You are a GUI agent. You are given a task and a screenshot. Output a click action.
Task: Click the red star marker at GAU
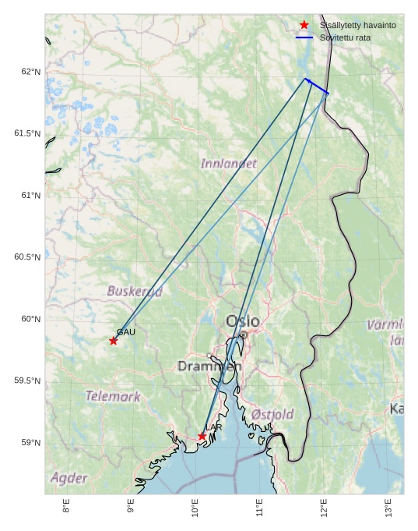point(114,341)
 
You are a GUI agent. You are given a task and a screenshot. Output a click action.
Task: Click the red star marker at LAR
point(202,436)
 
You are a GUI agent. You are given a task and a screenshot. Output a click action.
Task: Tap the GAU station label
point(126,332)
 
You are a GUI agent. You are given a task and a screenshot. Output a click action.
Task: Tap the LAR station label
point(216,427)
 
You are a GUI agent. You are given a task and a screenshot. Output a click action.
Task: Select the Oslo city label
point(243,321)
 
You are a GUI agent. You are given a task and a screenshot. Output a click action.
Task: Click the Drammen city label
point(209,366)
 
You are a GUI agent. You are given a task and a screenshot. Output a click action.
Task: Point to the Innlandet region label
point(229,164)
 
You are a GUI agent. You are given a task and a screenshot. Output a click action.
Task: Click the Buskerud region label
point(135,292)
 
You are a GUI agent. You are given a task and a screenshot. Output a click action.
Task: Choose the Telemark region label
point(114,396)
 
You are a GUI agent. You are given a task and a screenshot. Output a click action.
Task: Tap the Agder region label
point(69,477)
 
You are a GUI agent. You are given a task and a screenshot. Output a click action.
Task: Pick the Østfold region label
point(272,414)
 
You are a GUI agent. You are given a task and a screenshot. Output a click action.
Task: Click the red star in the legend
point(304,25)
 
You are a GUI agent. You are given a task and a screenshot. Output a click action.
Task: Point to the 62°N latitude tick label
point(31,72)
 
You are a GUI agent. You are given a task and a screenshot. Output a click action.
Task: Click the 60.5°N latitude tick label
point(28,257)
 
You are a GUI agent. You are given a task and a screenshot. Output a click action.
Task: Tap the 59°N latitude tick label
point(31,443)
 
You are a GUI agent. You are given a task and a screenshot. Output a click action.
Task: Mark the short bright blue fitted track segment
point(317,87)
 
